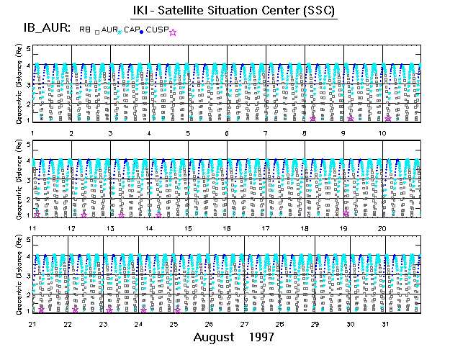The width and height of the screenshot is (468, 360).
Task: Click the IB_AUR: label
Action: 44,29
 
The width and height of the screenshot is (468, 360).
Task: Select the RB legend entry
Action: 85,30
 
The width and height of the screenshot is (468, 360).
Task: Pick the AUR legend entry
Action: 110,30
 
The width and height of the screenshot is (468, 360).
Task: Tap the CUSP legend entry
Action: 158,30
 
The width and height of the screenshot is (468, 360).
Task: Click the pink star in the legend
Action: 172,31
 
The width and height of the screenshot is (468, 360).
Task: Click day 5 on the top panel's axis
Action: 188,133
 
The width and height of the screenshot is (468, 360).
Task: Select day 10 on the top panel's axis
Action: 382,133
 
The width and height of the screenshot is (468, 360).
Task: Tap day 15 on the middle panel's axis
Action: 188,228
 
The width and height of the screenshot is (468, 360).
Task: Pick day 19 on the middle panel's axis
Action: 344,228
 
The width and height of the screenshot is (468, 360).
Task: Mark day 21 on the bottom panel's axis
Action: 32,324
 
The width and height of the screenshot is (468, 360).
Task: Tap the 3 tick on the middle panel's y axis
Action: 29,180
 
